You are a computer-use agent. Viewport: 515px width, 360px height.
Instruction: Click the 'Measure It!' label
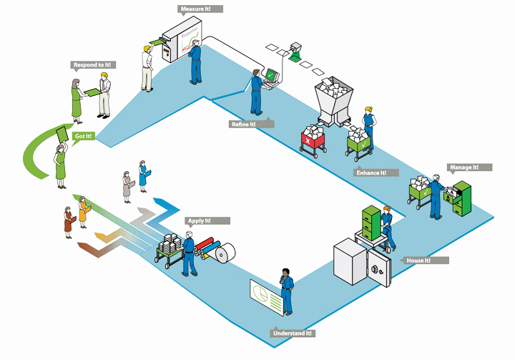pyautogui.click(x=200, y=9)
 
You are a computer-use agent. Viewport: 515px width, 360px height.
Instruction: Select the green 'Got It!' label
pyautogui.click(x=83, y=135)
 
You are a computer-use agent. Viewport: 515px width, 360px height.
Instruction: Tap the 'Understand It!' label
pyautogui.click(x=293, y=334)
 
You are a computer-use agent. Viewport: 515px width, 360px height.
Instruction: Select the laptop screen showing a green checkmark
pyautogui.click(x=271, y=74)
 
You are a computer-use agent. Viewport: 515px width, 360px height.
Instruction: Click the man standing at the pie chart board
pyautogui.click(x=286, y=291)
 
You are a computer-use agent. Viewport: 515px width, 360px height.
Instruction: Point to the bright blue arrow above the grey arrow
pyautogui.click(x=165, y=203)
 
